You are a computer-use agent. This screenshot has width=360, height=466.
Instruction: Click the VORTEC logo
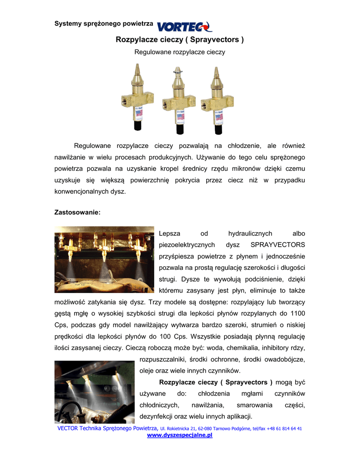(184, 26)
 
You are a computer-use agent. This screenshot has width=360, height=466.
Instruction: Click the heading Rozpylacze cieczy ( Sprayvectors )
(180, 40)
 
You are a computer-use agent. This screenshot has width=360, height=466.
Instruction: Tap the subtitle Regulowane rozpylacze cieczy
(180, 52)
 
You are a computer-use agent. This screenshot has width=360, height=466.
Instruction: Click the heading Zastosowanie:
(77, 212)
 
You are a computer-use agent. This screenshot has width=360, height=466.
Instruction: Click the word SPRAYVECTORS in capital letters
(278, 245)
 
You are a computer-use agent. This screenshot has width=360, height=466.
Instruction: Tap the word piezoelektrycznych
(187, 245)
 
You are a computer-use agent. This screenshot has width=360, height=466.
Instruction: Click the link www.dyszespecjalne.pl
(180, 436)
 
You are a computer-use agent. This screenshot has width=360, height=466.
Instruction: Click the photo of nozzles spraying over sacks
(104, 259)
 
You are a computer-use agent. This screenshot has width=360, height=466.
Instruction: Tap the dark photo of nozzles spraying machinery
(94, 392)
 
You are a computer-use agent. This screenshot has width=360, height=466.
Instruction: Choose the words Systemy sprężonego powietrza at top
(103, 23)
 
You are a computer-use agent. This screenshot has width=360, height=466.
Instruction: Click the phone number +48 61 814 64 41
(284, 429)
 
